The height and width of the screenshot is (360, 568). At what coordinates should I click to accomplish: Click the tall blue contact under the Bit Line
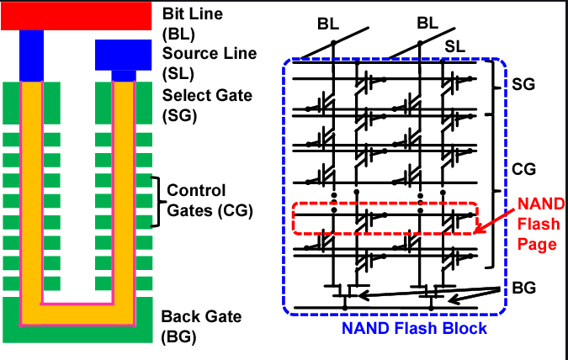tap(31, 56)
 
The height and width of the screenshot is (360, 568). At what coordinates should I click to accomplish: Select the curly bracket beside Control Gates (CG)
tap(156, 194)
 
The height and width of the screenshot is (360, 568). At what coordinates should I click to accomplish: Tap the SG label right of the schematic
tap(523, 86)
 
